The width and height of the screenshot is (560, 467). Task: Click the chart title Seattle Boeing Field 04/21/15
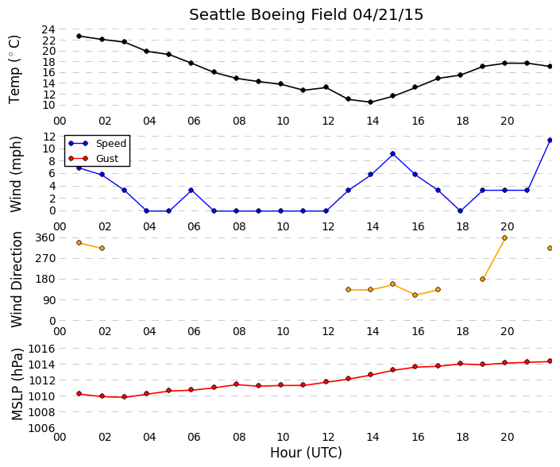tap(306, 15)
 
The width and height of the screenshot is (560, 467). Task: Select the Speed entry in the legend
tap(111, 144)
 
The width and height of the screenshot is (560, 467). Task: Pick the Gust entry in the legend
tap(107, 159)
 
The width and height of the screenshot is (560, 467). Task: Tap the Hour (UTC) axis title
tap(306, 453)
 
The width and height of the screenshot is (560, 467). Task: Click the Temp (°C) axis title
tap(14, 69)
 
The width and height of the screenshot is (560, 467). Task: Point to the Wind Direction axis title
tap(17, 280)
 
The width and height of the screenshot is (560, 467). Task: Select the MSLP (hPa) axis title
tap(17, 384)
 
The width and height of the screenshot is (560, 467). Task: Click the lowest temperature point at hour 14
tap(370, 102)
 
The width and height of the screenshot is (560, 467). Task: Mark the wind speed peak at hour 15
tap(393, 154)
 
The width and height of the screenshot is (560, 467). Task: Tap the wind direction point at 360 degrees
tap(504, 237)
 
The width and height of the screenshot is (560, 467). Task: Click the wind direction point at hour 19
tap(482, 280)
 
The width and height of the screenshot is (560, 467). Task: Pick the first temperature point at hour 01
tap(79, 36)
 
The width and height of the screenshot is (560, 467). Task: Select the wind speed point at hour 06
tap(191, 191)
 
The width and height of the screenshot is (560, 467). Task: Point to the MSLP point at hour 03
tap(124, 396)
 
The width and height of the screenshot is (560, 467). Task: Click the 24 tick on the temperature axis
tap(48, 29)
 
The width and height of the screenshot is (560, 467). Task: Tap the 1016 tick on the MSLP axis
tap(42, 349)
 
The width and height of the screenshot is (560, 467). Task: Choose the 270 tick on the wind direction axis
tap(46, 258)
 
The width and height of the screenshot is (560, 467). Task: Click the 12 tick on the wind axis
tap(48, 137)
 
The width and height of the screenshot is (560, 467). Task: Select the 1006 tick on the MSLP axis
tap(42, 428)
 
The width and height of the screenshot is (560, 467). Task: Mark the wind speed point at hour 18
tap(460, 211)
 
